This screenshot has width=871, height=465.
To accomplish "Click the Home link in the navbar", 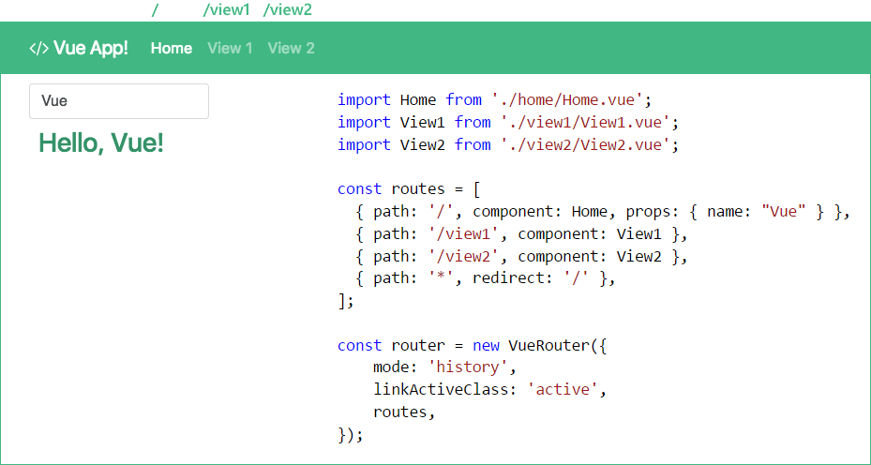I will tap(172, 48).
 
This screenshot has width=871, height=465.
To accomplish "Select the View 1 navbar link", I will tap(230, 48).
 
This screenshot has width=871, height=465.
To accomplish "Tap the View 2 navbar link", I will tap(291, 48).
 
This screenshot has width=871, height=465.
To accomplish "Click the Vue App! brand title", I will tap(79, 48).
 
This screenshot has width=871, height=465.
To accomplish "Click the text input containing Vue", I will tap(119, 101).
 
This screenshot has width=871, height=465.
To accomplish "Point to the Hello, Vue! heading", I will tap(101, 143).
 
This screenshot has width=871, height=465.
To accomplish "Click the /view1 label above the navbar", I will tap(226, 9).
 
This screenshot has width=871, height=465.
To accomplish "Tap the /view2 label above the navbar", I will tap(288, 9).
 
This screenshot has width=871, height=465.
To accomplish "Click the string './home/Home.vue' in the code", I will tap(566, 99).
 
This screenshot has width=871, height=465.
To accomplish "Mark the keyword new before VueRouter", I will tap(486, 346).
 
